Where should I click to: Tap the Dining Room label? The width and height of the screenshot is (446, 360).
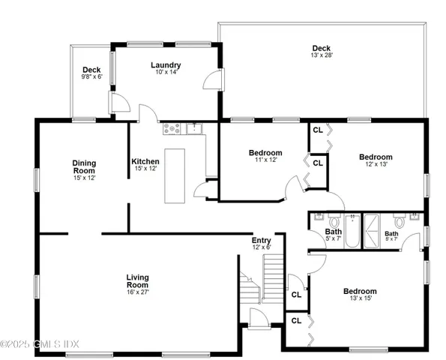tap(85, 166)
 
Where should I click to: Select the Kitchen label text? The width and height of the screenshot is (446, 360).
tap(145, 162)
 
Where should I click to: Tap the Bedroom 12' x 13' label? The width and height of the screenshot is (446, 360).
tap(379, 155)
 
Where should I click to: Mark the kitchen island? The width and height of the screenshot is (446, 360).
tap(175, 175)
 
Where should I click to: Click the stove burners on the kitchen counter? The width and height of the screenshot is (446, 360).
tap(172, 128)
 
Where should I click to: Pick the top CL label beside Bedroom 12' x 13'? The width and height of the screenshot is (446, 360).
tap(318, 129)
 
